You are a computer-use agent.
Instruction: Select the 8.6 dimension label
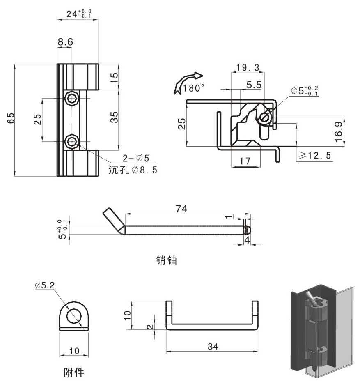tap(65, 42)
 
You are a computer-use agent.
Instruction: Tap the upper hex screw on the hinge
tap(72, 98)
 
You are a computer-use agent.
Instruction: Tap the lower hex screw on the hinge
tap(72, 142)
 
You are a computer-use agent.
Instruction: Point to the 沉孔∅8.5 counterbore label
tap(132, 170)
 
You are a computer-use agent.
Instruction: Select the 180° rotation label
tap(194, 88)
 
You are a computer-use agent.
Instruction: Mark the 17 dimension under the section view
tap(245, 162)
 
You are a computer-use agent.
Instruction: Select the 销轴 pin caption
tap(166, 260)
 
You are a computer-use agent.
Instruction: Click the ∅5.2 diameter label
tap(45, 285)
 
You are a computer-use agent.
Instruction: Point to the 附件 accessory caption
tap(74, 372)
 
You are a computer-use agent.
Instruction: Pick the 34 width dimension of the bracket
tap(212, 346)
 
